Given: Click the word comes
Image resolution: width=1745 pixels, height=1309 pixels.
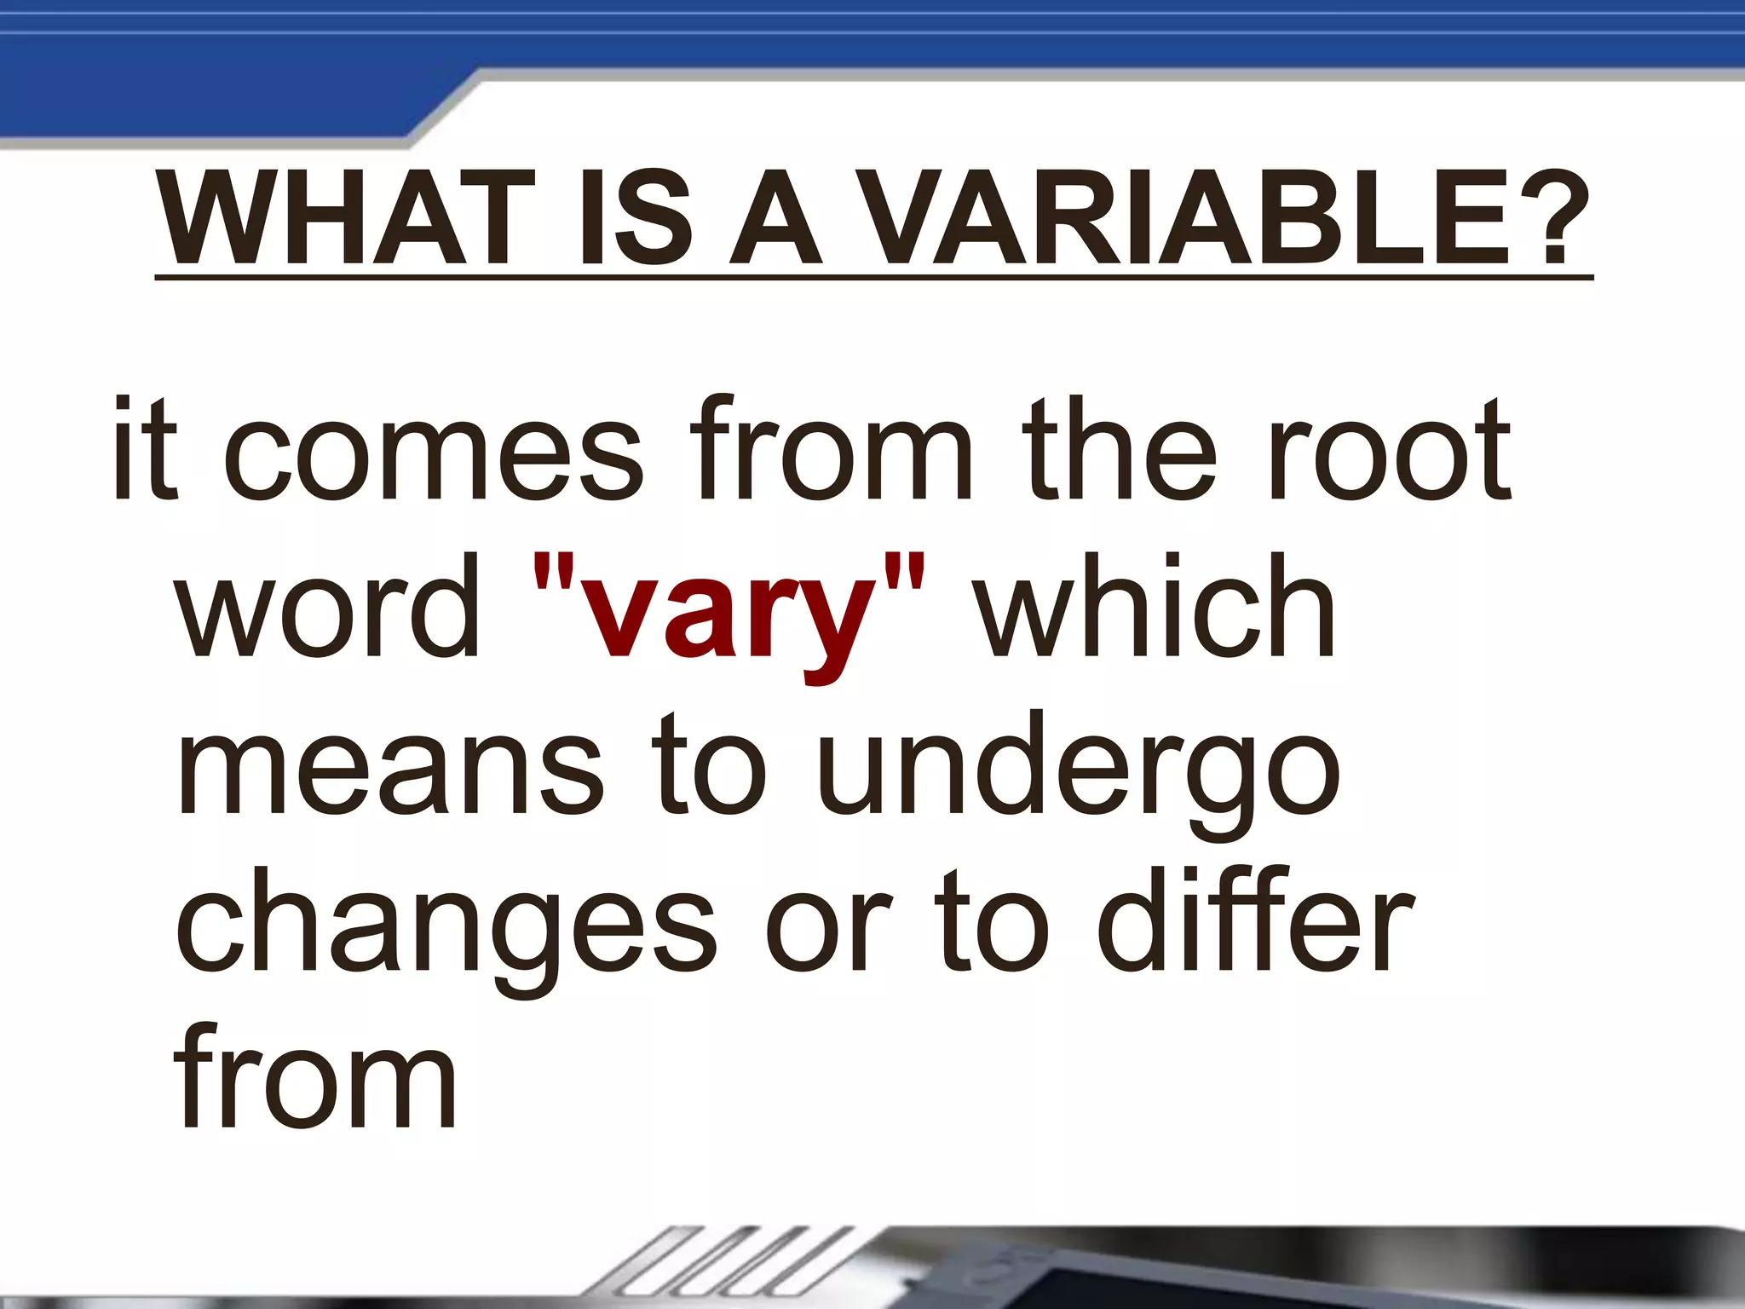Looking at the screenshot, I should point(434,452).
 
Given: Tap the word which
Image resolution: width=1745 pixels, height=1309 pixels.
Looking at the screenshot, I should point(1155,607).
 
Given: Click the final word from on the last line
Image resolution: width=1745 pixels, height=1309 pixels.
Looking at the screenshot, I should point(315,1078).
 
